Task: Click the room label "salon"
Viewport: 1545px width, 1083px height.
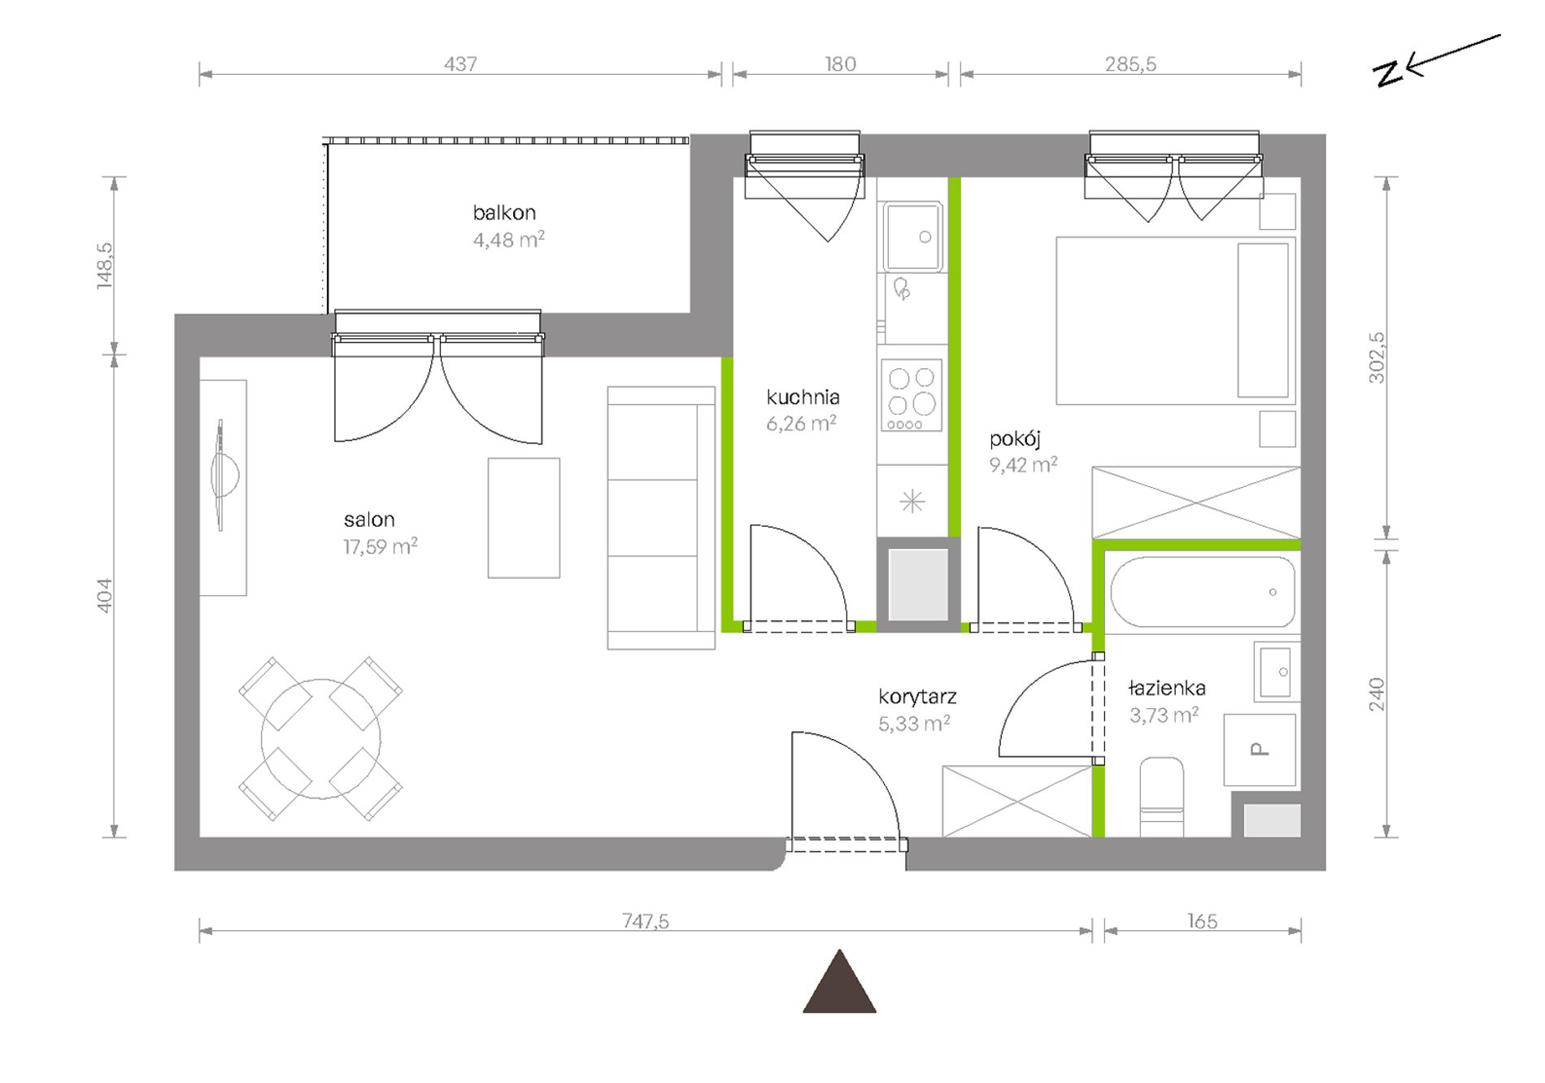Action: coord(369,520)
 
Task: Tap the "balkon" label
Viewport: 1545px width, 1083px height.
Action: coord(504,213)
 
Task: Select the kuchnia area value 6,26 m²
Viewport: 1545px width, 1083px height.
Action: coord(801,424)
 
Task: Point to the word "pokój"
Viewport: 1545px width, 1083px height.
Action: coord(1015,440)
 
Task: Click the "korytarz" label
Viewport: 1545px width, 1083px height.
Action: coord(917,697)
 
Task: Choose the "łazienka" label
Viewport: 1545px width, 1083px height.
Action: coord(1167,689)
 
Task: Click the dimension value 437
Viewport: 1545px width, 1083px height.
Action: coord(460,63)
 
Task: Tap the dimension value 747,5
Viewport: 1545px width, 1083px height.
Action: coord(646,921)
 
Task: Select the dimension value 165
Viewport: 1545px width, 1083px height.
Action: coord(1202,921)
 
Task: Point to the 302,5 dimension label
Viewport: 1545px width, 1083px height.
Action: coord(1376,358)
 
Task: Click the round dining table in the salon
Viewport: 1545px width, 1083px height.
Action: coord(320,739)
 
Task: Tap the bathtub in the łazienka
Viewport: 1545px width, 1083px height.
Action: coord(1202,592)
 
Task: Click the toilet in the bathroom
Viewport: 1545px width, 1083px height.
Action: coord(1161,797)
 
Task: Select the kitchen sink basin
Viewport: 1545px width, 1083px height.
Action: coord(913,237)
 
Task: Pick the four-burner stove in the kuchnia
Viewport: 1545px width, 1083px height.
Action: coord(912,396)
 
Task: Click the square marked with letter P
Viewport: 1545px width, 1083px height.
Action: coord(1260,750)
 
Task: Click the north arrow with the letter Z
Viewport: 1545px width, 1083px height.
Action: coord(1436,62)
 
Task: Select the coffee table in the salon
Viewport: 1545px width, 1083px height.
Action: coord(524,518)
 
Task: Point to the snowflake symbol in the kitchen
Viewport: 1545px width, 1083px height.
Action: coord(912,501)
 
